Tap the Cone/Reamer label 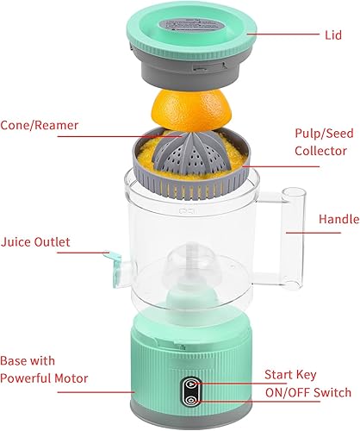(x=40, y=125)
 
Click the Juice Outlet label (x=37, y=241)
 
